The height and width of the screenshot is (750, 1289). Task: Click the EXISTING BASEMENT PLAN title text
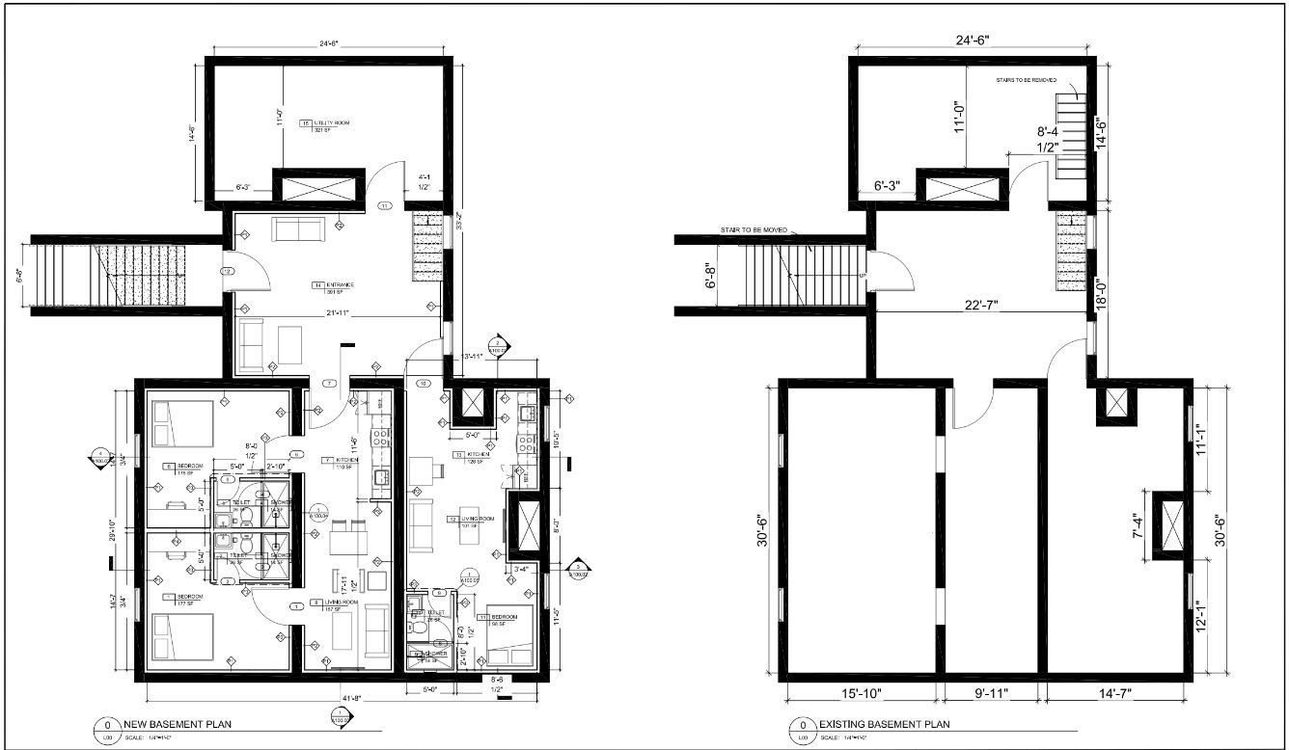coord(884,724)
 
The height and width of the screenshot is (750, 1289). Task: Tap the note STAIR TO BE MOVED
coord(754,230)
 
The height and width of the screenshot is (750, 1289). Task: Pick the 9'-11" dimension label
coord(991,692)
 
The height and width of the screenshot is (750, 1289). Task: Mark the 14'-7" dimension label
coord(1117,692)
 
